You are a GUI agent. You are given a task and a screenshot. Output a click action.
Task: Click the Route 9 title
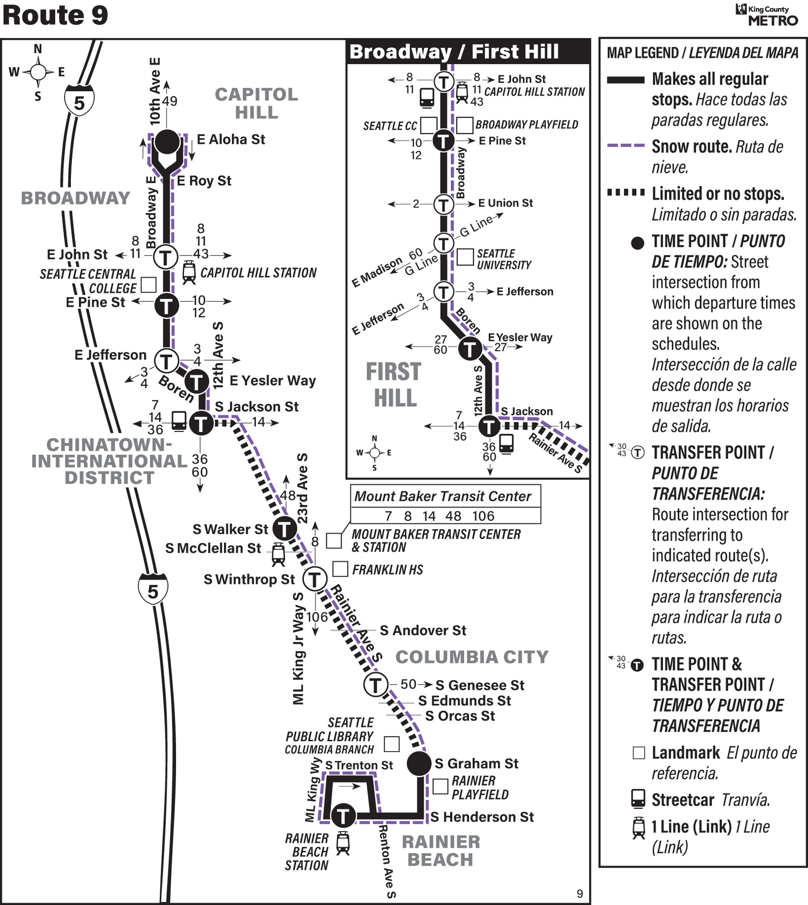[x=55, y=15]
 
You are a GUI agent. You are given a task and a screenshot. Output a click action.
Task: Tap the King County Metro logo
[x=767, y=15]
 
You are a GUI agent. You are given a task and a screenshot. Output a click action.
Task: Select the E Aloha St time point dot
[x=167, y=142]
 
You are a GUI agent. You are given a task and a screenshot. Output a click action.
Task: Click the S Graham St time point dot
[x=419, y=764]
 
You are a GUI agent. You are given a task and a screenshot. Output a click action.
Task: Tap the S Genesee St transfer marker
[x=375, y=685]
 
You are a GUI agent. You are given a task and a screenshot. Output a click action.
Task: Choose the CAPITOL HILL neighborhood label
[x=256, y=103]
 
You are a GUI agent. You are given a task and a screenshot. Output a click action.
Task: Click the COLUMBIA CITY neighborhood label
[x=472, y=657]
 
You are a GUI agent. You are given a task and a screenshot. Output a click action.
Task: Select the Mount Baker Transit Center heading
[x=443, y=496]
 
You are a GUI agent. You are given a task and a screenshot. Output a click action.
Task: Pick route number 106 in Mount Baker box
[x=483, y=516]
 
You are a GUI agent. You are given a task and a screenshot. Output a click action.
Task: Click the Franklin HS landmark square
[x=340, y=569]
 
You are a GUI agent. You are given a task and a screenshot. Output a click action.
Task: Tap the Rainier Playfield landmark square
[x=440, y=786]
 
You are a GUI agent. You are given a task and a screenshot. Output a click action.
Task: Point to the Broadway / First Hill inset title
[x=454, y=52]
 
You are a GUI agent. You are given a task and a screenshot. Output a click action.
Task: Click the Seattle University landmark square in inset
[x=465, y=257]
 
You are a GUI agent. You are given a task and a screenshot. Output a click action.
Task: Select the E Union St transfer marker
[x=444, y=204]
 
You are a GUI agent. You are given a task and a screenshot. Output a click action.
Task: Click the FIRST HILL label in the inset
[x=394, y=385]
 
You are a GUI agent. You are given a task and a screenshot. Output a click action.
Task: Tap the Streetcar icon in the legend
[x=638, y=800]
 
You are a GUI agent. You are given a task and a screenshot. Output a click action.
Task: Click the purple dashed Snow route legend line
[x=626, y=145]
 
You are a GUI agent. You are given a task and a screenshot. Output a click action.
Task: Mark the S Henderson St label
[x=482, y=817]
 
